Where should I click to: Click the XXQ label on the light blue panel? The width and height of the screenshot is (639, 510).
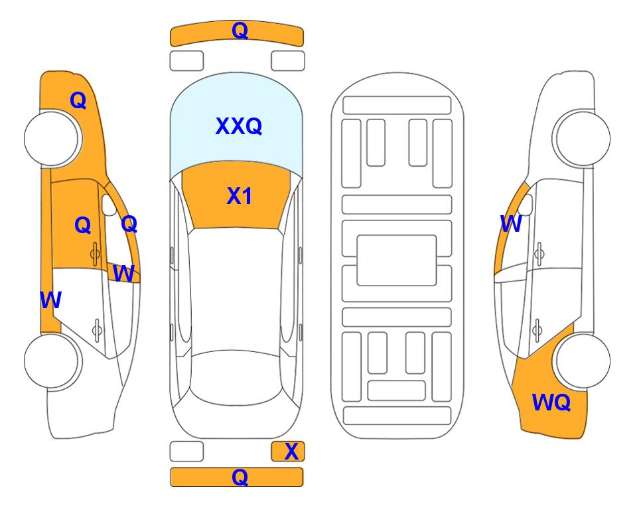[239, 126]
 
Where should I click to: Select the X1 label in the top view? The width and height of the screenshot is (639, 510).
[240, 196]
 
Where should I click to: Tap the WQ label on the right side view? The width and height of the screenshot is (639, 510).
[551, 402]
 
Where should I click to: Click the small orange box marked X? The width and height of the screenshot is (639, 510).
[288, 452]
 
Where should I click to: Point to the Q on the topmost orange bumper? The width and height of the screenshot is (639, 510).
[240, 31]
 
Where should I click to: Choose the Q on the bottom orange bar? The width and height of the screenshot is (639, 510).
[240, 477]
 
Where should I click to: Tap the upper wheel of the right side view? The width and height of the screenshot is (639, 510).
[583, 138]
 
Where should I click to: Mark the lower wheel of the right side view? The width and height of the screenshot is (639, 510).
[583, 361]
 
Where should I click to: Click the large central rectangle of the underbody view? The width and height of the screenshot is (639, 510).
[397, 260]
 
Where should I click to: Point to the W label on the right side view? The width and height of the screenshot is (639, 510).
[511, 224]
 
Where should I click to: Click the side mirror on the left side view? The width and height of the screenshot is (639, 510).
[108, 205]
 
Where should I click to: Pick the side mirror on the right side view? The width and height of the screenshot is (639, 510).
[526, 205]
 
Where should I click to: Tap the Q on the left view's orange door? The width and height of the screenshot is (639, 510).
[83, 225]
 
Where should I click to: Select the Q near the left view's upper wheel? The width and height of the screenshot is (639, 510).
[78, 100]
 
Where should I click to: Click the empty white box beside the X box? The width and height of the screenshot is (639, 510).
[186, 452]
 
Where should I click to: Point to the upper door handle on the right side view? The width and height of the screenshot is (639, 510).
[539, 254]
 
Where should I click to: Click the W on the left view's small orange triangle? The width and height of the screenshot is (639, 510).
[123, 273]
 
